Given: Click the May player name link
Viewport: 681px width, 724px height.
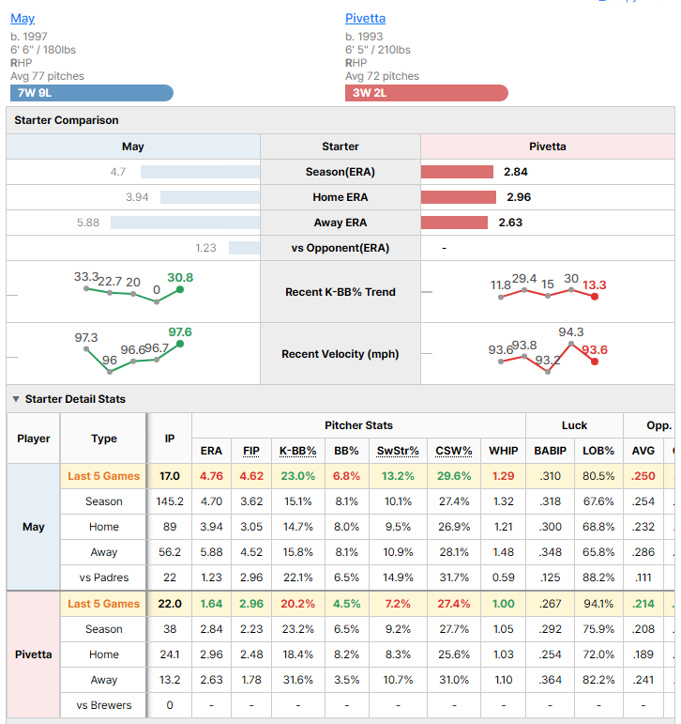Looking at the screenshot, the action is (23, 19).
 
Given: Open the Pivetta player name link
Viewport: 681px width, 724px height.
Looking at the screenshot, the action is (366, 19).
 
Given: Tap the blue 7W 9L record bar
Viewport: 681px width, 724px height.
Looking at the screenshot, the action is (92, 93).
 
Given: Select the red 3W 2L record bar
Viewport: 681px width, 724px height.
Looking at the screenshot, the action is (427, 93).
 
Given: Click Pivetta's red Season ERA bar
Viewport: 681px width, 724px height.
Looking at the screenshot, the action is (457, 172).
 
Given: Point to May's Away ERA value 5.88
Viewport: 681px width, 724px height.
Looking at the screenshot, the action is (88, 223).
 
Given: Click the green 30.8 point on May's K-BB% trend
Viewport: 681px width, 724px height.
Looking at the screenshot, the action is (180, 289).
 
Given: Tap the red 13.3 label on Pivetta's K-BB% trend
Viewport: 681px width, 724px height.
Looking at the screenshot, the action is (595, 285).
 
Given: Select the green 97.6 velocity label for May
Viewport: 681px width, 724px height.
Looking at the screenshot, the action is (180, 332).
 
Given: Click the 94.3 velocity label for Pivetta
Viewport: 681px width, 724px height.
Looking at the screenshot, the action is (571, 332).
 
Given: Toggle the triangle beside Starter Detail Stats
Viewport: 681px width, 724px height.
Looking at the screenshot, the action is (16, 399).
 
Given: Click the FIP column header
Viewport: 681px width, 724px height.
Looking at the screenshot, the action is (251, 451).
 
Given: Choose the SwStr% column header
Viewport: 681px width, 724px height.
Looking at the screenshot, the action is (398, 451).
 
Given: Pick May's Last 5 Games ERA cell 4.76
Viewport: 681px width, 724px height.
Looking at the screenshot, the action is (211, 476).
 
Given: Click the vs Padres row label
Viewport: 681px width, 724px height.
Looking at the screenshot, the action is (104, 578).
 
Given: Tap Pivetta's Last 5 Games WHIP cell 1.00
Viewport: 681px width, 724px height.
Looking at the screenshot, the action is (504, 604).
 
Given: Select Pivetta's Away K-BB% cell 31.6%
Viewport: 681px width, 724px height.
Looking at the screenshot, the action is (298, 680).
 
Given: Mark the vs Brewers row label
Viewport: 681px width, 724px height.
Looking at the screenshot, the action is (104, 705).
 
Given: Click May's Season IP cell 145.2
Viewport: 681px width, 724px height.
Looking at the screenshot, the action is (170, 501).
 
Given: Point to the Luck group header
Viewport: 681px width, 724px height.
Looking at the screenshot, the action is (574, 425).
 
